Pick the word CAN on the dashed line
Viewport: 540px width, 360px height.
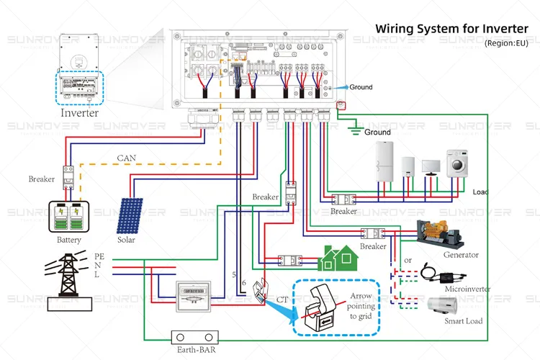pos(127,158)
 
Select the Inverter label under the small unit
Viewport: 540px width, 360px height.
pos(79,113)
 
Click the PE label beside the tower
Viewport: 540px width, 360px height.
pos(99,255)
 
